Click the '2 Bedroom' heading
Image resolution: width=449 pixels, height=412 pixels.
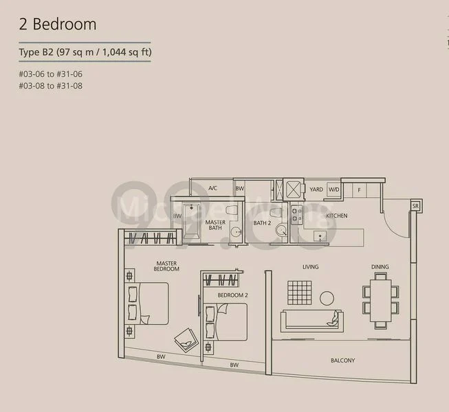58,25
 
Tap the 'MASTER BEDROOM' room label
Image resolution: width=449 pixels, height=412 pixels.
167,266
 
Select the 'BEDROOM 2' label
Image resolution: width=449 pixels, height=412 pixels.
232,295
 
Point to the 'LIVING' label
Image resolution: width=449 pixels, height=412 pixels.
310,267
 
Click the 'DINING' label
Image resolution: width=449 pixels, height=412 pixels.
380,267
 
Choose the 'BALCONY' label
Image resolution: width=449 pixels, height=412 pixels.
342,360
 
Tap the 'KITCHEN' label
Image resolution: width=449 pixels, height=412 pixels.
336,216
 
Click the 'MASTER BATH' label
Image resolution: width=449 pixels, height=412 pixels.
215,225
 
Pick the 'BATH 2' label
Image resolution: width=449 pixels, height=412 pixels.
262,222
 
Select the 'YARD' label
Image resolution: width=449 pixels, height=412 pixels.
316,189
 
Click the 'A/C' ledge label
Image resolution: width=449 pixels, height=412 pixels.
212,188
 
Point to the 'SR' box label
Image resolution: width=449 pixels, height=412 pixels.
415,205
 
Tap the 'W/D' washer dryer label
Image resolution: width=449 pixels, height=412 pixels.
333,189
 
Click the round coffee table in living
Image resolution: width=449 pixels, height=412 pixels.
327,298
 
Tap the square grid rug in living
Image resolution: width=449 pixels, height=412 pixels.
300,293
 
